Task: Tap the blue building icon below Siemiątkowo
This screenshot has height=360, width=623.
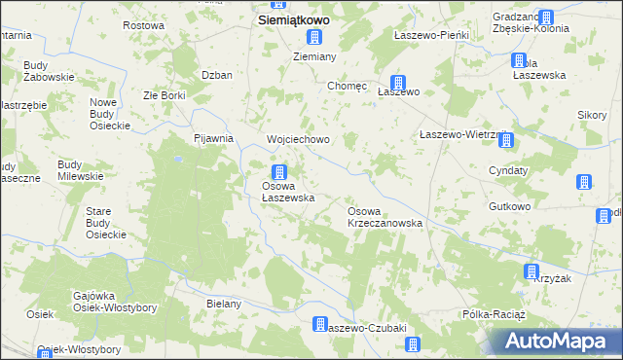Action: coord(314,38)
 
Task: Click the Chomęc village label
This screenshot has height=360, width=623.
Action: coord(348,86)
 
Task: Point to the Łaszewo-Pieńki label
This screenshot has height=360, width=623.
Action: coord(431,35)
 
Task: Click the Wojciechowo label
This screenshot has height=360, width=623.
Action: coord(299,139)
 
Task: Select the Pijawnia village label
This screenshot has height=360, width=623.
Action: coord(214,138)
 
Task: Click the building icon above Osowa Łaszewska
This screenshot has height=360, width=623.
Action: coord(278,172)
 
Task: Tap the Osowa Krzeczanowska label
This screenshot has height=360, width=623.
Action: coord(385,217)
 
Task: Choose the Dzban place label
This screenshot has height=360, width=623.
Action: coord(216,75)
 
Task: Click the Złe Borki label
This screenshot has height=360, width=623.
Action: coord(165,95)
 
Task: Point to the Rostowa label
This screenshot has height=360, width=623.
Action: coord(143,24)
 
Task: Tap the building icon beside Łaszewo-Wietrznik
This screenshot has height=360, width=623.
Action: coord(506,142)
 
